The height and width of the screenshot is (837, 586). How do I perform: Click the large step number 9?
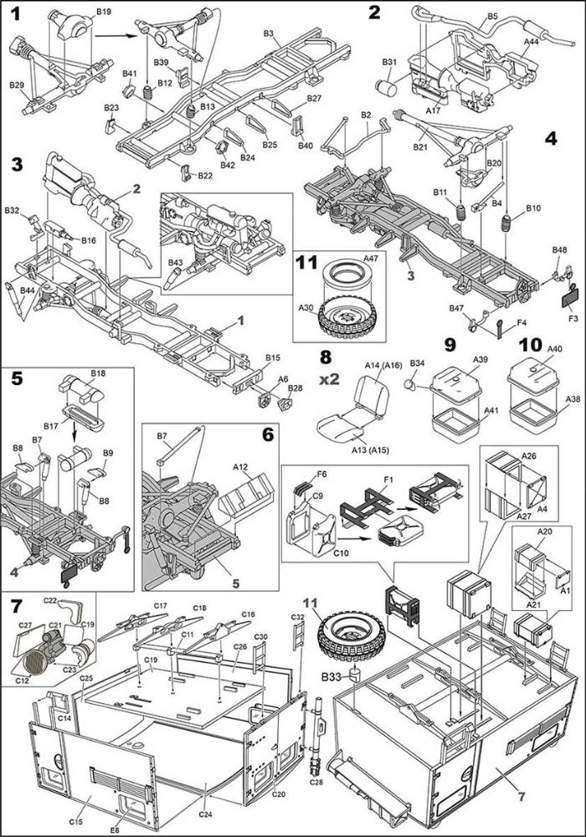450,345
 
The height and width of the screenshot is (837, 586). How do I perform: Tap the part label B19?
104,11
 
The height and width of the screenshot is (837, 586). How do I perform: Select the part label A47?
370,259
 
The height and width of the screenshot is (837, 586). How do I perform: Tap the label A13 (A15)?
370,450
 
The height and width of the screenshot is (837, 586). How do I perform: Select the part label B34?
418,363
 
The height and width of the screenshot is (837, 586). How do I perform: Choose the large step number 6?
267,434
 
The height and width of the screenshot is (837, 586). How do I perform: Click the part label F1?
388,480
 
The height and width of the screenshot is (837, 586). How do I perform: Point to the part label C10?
341,553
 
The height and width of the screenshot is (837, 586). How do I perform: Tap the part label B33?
331,677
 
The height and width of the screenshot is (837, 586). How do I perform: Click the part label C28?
316,783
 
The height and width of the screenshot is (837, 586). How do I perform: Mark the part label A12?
241,467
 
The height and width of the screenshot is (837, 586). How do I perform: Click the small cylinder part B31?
388,88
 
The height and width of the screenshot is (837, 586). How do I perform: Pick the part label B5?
492,17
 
